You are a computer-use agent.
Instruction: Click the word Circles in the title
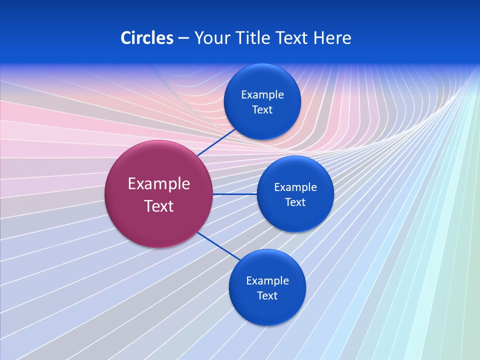click(x=147, y=38)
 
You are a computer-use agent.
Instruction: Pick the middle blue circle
click(x=295, y=217)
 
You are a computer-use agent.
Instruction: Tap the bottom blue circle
click(x=267, y=310)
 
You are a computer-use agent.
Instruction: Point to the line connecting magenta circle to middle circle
click(x=234, y=194)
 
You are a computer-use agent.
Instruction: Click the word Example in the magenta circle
click(x=159, y=184)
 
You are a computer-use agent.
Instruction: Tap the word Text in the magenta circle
click(x=159, y=206)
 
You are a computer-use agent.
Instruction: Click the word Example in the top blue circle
click(x=262, y=95)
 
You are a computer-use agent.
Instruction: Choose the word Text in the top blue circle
click(x=262, y=110)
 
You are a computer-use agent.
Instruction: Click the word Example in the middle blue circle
click(x=295, y=187)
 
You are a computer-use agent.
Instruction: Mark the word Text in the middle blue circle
click(x=295, y=202)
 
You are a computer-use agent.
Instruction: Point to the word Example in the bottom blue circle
click(x=267, y=281)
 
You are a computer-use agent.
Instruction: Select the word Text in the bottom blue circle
click(x=267, y=296)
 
